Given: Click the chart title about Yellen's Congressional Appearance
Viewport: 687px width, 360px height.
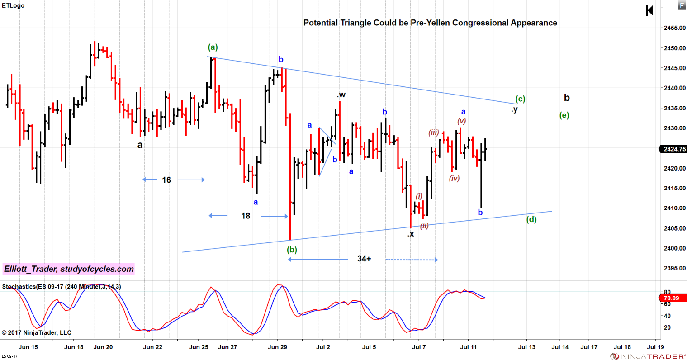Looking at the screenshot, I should [430, 23].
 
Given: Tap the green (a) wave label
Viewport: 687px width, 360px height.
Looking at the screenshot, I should [213, 47].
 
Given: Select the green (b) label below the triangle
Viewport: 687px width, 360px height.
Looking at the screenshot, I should [292, 250].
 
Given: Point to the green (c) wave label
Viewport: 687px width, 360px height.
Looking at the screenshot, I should [520, 99].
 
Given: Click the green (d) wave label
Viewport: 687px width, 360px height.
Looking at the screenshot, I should [531, 220].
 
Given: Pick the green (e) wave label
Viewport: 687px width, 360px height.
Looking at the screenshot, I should [564, 115].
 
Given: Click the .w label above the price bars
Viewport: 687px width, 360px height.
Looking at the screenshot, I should [341, 95].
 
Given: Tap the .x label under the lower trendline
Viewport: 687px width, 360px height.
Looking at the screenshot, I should [410, 234].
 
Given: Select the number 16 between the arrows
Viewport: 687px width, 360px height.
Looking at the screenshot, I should [166, 180].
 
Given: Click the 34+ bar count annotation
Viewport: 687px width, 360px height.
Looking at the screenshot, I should [364, 259].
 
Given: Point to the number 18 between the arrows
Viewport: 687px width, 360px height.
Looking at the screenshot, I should [246, 216].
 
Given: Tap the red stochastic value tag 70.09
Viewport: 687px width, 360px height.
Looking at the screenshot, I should [672, 298].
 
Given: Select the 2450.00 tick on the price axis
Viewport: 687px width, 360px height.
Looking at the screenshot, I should [674, 48].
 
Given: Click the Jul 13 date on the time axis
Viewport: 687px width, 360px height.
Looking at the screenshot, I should [526, 347].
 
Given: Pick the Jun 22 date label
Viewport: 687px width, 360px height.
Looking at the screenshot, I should [152, 347].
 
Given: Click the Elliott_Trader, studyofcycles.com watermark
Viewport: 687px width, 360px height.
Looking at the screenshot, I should [69, 269].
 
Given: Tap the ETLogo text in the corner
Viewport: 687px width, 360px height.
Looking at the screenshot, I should [13, 5].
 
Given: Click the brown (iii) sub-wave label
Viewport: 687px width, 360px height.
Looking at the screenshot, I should [433, 133].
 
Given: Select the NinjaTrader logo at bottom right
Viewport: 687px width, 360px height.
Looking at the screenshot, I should [648, 356].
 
